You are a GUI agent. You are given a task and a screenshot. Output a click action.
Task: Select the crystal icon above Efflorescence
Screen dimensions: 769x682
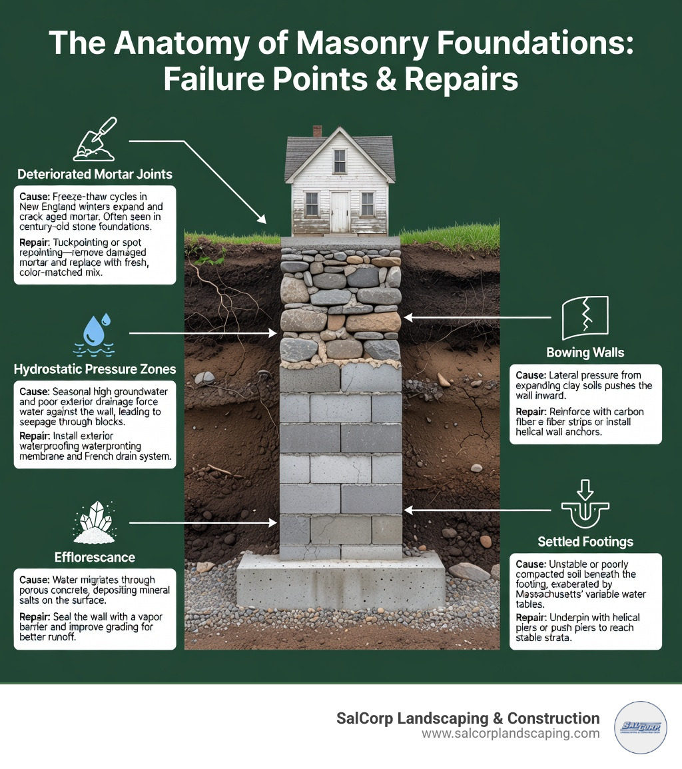click(95, 522)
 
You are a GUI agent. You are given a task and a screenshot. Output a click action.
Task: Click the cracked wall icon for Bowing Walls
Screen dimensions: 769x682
click(585, 319)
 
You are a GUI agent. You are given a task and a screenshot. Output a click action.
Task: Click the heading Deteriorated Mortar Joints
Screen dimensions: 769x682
click(94, 175)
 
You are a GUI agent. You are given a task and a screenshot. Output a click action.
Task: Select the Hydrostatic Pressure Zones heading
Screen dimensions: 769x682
click(95, 369)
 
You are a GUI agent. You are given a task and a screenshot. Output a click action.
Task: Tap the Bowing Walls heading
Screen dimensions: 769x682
click(585, 352)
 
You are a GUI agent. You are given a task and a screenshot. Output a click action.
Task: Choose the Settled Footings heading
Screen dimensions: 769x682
click(585, 541)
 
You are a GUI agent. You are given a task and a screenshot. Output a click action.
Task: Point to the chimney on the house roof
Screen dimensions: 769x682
click(317, 131)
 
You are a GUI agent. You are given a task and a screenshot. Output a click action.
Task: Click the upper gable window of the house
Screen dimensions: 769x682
click(340, 161)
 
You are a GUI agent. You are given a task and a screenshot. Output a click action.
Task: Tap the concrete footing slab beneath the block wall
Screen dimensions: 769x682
click(340, 582)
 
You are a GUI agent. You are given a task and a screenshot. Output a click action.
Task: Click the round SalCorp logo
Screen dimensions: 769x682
click(639, 727)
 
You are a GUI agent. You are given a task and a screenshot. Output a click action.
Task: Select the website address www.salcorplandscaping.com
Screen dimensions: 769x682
click(511, 734)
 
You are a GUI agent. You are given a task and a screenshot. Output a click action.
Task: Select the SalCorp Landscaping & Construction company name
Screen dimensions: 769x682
click(468, 718)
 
